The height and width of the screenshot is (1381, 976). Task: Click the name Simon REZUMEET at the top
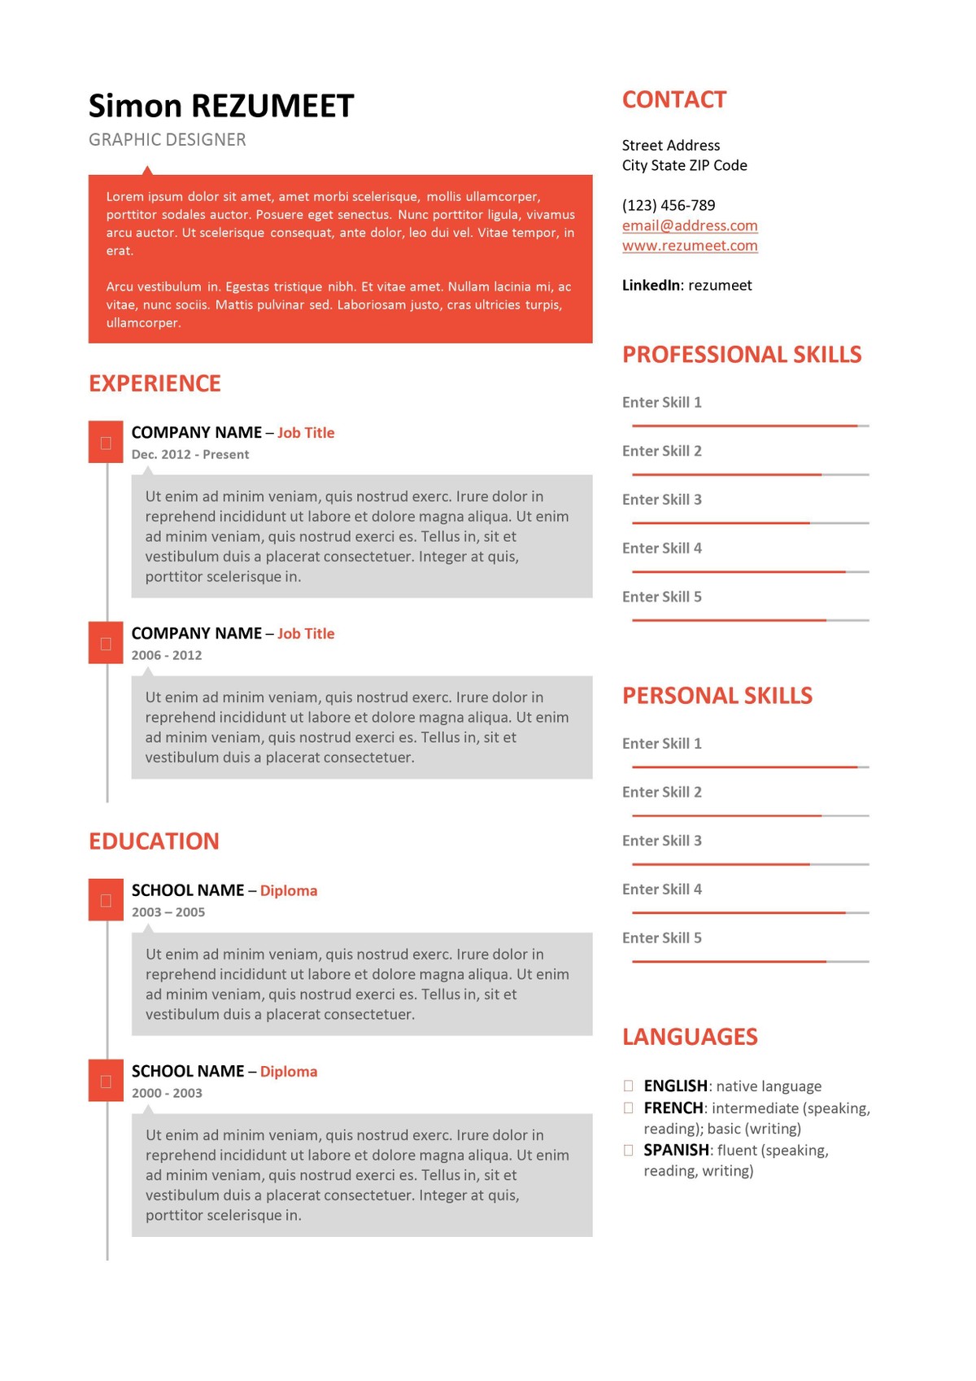[221, 106]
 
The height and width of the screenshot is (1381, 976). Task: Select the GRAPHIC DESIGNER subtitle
[167, 140]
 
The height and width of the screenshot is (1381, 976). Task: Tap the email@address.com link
[690, 225]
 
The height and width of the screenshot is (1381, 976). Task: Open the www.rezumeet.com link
[690, 246]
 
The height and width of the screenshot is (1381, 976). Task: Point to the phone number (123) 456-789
[669, 205]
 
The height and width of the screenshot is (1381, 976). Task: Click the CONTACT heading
[674, 99]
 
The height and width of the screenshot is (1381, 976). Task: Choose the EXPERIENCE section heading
[155, 383]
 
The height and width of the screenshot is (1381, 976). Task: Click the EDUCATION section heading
[154, 841]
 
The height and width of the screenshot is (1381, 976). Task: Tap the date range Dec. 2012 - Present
[190, 455]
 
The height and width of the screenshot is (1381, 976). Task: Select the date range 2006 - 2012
[167, 656]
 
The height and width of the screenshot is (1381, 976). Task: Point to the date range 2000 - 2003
[167, 1094]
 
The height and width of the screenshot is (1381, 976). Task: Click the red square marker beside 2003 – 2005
[106, 900]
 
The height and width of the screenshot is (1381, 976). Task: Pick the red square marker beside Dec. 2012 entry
[106, 443]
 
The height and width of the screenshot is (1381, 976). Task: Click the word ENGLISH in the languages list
[675, 1086]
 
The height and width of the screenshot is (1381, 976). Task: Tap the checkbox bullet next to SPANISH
[629, 1151]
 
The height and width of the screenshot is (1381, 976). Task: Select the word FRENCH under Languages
[673, 1108]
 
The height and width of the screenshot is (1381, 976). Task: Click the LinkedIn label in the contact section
[651, 286]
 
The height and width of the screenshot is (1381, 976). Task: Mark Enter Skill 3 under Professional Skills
[661, 500]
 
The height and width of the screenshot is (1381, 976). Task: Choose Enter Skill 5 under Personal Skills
[661, 938]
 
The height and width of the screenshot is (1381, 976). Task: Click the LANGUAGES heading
[690, 1037]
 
